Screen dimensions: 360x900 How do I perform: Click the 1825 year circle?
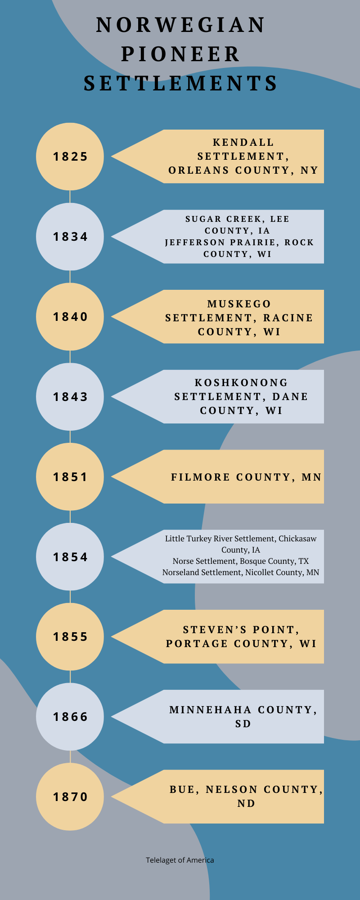[70, 157]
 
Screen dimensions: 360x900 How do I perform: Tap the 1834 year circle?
[70, 237]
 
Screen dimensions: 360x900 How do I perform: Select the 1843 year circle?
[70, 396]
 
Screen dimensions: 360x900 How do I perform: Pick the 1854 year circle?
[70, 557]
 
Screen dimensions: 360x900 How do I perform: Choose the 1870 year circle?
[70, 796]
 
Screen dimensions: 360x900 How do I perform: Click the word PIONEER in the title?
[180, 54]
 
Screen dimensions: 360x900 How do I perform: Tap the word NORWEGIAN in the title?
[180, 25]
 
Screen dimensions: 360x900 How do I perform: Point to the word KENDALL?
[243, 143]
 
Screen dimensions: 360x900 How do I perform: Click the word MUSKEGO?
[239, 304]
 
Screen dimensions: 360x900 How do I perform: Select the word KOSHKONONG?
[241, 382]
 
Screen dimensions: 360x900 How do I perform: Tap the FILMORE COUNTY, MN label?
[246, 477]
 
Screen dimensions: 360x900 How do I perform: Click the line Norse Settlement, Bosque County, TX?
[241, 561]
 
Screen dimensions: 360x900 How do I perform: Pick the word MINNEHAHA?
[210, 710]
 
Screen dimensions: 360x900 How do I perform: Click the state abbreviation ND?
[246, 803]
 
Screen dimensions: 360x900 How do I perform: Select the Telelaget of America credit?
[180, 860]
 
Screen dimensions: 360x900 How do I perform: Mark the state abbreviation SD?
[243, 724]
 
